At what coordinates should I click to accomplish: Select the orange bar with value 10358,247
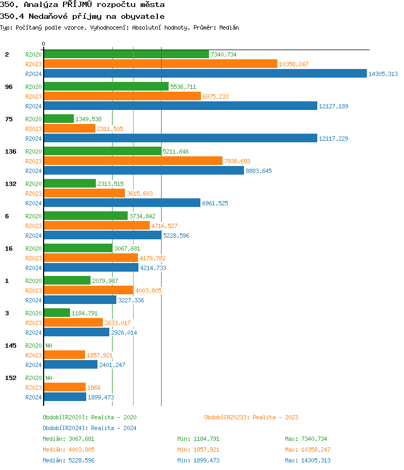click(160, 64)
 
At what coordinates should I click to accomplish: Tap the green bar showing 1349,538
click(58, 119)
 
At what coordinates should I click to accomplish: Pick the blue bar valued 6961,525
click(122, 203)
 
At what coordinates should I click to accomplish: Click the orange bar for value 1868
click(64, 388)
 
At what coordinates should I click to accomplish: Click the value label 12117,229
click(333, 139)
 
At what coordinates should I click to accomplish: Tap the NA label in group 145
click(48, 345)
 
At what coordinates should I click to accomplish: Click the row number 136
click(10, 151)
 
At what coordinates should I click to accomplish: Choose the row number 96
click(9, 87)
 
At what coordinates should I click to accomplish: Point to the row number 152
click(10, 378)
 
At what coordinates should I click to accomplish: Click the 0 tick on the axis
click(44, 44)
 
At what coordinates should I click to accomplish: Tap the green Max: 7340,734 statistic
click(306, 439)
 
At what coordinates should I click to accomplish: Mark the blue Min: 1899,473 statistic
click(198, 460)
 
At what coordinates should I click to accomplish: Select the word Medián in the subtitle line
click(228, 27)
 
